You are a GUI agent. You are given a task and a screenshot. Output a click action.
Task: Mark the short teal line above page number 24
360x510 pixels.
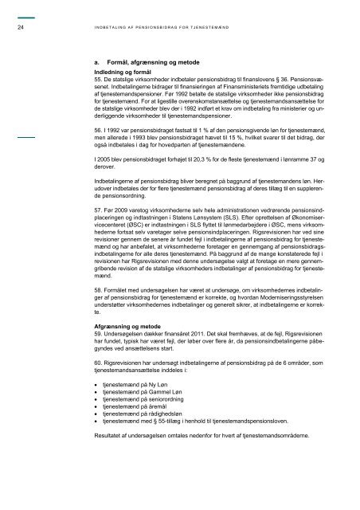click(x=27, y=17)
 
